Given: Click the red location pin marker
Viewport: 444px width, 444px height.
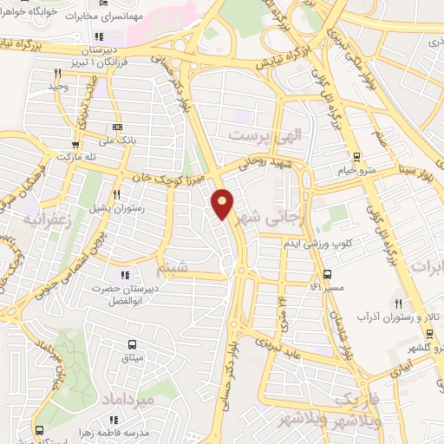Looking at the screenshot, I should click(x=223, y=204).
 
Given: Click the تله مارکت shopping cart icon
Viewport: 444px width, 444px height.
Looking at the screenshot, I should click(x=76, y=145).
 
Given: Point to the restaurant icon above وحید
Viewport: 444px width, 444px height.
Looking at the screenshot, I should click(x=57, y=73).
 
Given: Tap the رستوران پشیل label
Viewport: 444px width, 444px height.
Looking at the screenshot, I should click(x=116, y=209).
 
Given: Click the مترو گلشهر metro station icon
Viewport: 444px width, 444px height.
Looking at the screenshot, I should click(x=430, y=334).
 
